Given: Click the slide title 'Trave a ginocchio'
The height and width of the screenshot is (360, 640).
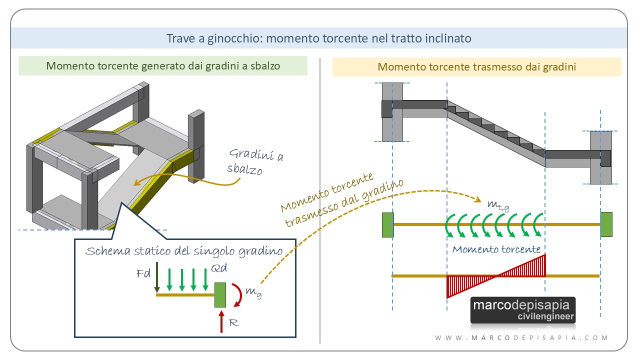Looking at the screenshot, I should [x=318, y=38].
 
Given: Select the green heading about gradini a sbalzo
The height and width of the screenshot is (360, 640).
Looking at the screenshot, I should [x=162, y=66].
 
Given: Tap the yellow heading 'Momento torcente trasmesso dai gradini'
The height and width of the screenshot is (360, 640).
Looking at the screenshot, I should [x=476, y=66].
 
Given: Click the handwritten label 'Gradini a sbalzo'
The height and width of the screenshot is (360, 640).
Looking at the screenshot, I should [x=255, y=161].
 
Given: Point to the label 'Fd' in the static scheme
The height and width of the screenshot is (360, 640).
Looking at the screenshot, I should [x=142, y=274].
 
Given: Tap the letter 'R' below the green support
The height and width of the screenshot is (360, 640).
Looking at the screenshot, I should [x=233, y=323].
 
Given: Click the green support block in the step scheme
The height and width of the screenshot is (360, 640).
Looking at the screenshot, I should [x=220, y=295].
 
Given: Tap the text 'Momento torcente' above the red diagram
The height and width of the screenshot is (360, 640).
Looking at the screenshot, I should [x=496, y=249].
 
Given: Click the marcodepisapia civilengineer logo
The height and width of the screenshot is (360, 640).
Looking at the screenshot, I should [x=523, y=310].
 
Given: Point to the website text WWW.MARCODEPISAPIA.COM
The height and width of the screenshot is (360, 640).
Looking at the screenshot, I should [x=521, y=338].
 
